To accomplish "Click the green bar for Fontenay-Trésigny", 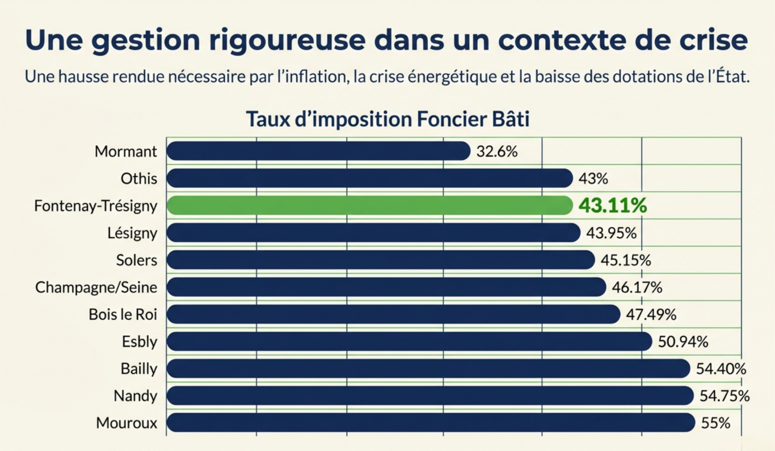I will pos(369,205).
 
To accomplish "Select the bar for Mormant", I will pos(318,151).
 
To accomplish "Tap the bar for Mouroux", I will pos(431,423).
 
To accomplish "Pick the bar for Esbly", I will pos(409,342).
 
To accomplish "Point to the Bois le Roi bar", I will pos(393,314).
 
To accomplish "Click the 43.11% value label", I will pos(612,205).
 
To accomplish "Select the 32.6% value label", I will pos(497,151).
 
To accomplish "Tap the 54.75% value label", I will pos(725,396).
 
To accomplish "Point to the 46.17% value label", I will pos(637,287).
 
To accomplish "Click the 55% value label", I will pos(715,423).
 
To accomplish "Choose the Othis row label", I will pos(138,179).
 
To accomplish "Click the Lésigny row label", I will pos(132,233).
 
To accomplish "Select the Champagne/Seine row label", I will pos(96,288).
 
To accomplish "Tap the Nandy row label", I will pos(135,396).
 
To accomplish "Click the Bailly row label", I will pos(138,369).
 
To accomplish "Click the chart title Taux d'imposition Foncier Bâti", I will pos(387,120).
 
